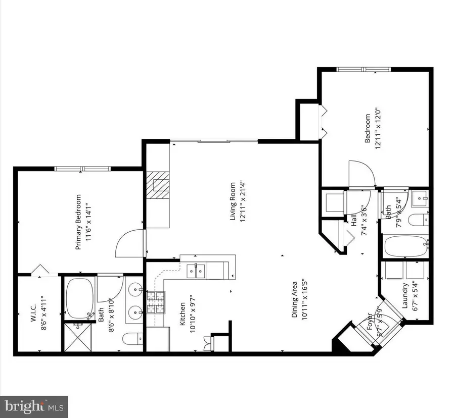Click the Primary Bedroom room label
pyautogui.click(x=78, y=222)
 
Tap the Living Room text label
pyautogui.click(x=233, y=201)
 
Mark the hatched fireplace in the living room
pyautogui.click(x=159, y=185)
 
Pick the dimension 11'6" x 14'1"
pyautogui.click(x=87, y=222)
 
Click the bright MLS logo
pyautogui.click(x=34, y=406)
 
